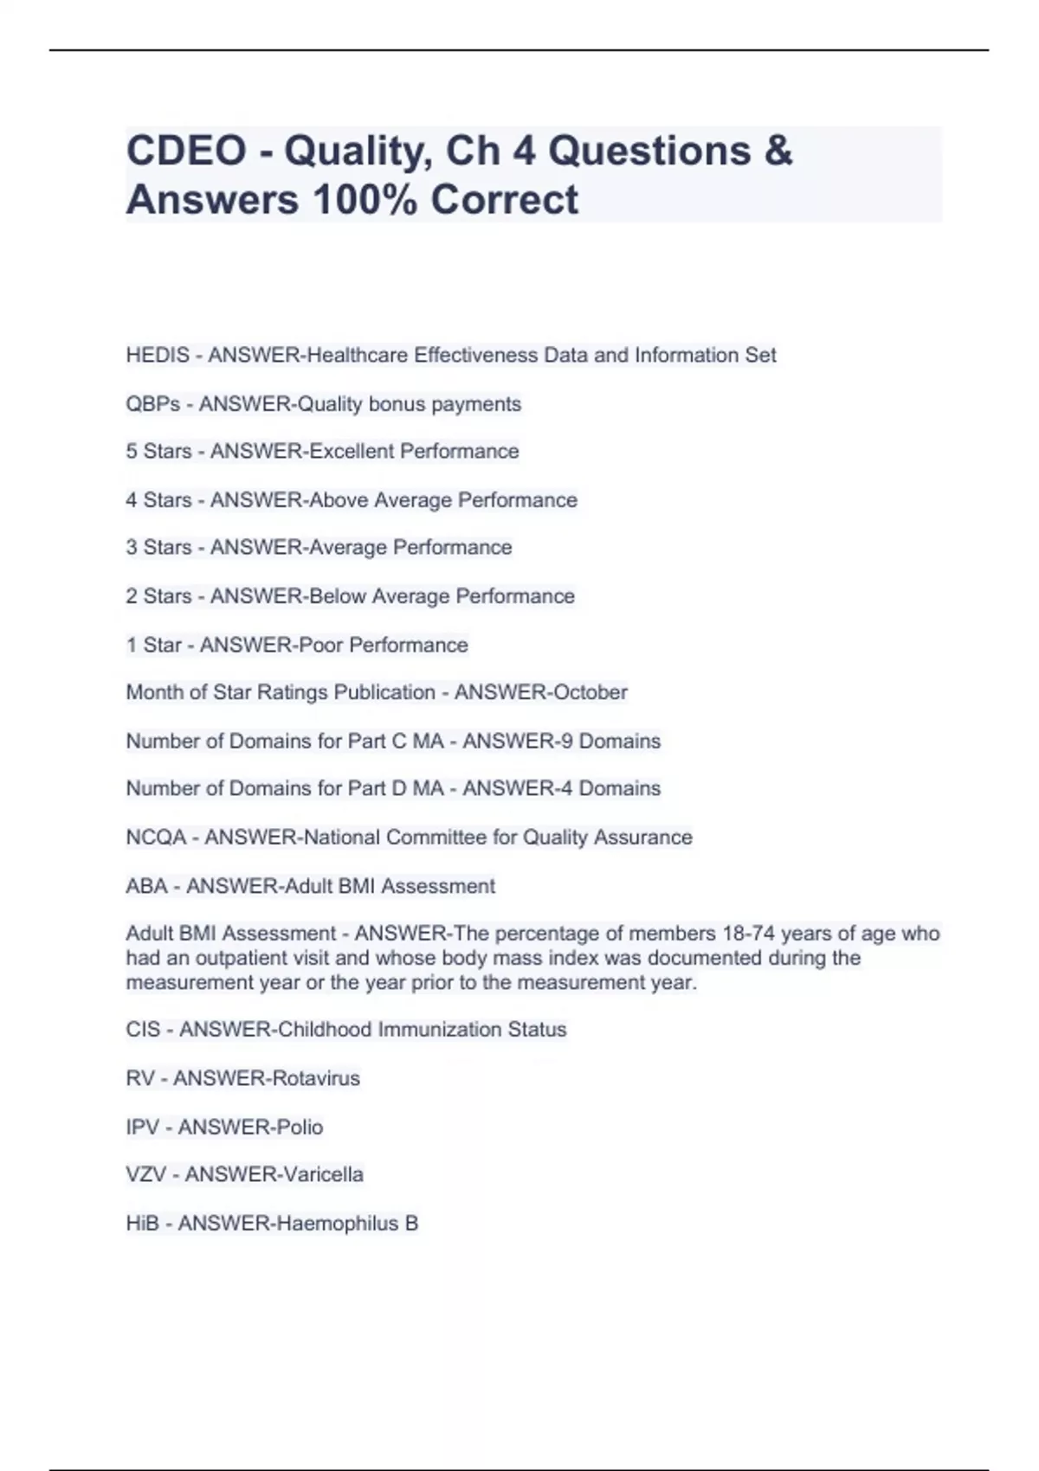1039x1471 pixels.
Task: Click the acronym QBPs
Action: pyautogui.click(x=152, y=404)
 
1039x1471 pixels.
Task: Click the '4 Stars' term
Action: pyautogui.click(x=158, y=500)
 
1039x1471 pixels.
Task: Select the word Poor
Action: pyautogui.click(x=320, y=646)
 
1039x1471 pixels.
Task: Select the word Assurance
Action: pyautogui.click(x=642, y=838)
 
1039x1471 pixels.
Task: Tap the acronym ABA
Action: pyautogui.click(x=146, y=886)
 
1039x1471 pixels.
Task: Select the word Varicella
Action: pyautogui.click(x=318, y=1175)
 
